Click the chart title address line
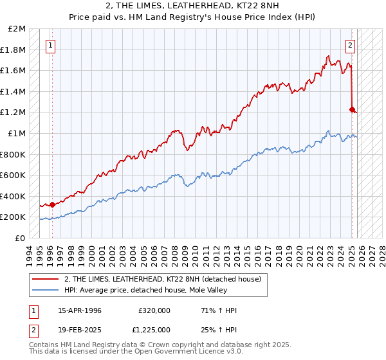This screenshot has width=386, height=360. click(x=193, y=6)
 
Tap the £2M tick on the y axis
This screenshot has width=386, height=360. click(x=17, y=29)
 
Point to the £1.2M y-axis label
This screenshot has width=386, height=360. click(x=14, y=113)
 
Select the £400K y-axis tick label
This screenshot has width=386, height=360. click(x=14, y=196)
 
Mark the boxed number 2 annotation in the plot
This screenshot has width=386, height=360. click(x=351, y=45)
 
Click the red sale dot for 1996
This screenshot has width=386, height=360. click(x=52, y=204)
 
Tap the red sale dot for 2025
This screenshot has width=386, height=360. click(x=352, y=110)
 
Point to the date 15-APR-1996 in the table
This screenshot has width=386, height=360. click(x=80, y=310)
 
